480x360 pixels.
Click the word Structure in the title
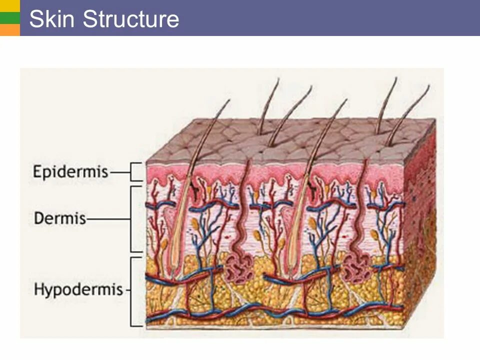[130, 19]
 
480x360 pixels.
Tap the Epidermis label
[70, 171]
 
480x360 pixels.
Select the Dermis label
[60, 218]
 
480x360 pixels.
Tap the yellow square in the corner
[9, 6]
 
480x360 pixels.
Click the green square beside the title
[9, 18]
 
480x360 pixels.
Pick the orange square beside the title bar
[9, 30]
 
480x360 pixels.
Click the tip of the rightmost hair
[428, 85]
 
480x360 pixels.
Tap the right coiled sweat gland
[356, 265]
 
